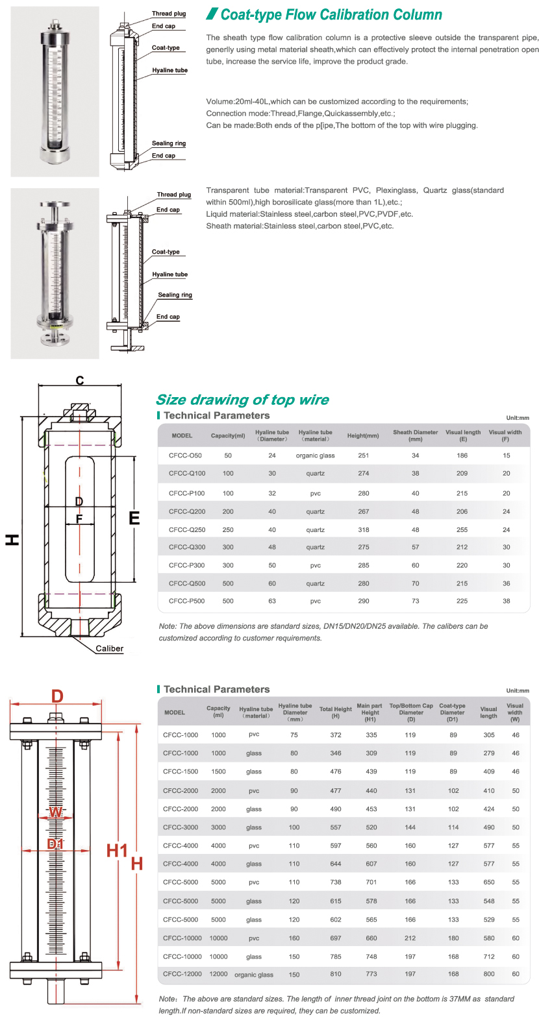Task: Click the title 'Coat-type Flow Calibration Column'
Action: click(x=331, y=14)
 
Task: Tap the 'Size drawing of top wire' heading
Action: click(x=242, y=400)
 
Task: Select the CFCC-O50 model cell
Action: click(x=185, y=456)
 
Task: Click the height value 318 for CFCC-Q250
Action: click(x=364, y=529)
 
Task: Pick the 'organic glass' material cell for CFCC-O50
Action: click(x=316, y=456)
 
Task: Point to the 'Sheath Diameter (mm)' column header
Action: click(x=416, y=435)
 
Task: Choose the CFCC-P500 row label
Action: click(x=186, y=601)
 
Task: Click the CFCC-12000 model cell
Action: click(x=182, y=974)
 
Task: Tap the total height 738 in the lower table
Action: click(x=336, y=882)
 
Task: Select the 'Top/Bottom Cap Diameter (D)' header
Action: click(x=411, y=712)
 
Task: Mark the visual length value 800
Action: click(x=489, y=974)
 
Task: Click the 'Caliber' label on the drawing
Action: click(x=109, y=648)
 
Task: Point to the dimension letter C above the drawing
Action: click(x=80, y=380)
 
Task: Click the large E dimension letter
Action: click(x=134, y=518)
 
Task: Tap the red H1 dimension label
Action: click(x=117, y=851)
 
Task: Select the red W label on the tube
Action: click(x=56, y=812)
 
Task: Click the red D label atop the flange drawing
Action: click(x=57, y=696)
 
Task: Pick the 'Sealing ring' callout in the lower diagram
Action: click(x=175, y=295)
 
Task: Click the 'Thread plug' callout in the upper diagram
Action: click(x=169, y=14)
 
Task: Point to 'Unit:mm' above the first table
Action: click(x=518, y=418)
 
